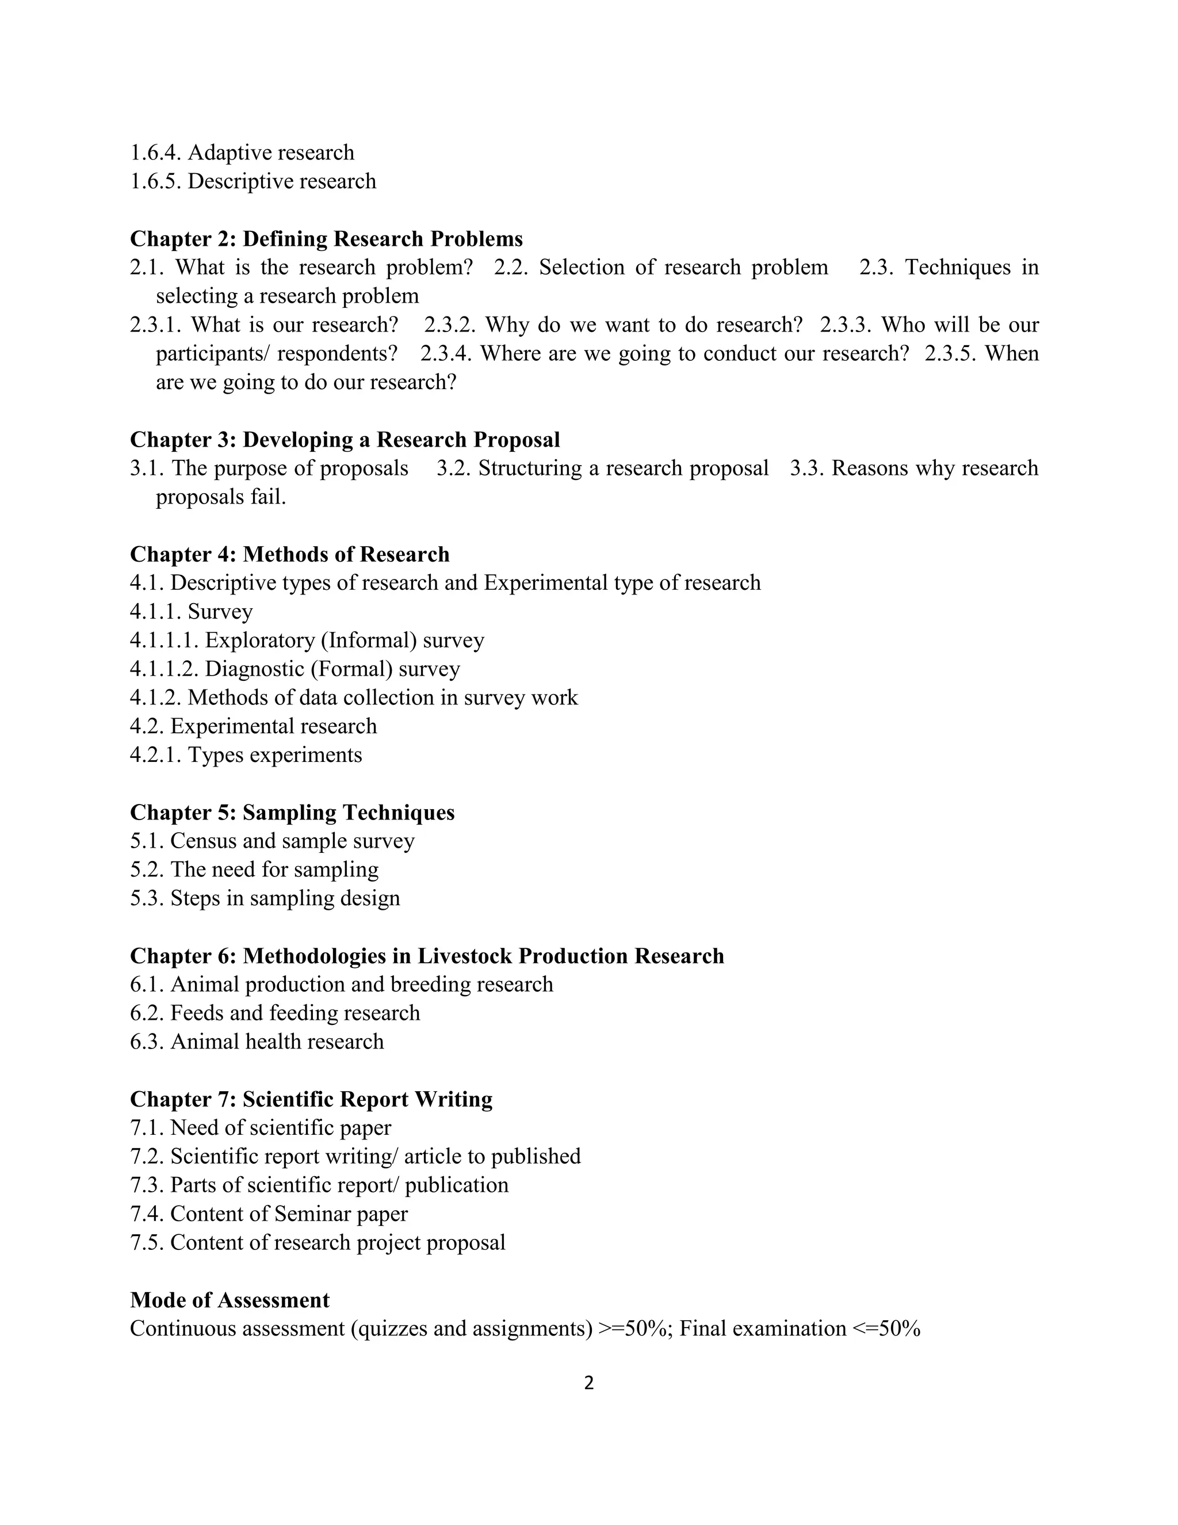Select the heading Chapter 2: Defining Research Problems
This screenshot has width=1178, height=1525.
[x=326, y=239]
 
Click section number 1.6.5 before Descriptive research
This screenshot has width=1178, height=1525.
[x=156, y=181]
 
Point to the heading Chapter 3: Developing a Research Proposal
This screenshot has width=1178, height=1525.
[x=345, y=440]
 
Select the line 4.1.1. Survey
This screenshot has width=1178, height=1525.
[x=191, y=612]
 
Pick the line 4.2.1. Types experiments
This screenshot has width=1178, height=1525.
[x=246, y=755]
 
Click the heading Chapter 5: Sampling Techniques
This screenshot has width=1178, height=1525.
[x=292, y=813]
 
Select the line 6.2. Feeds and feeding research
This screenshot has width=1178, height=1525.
[x=275, y=1013]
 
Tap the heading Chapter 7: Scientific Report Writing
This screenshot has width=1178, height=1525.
[x=311, y=1100]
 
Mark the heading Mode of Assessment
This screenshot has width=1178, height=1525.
[x=230, y=1300]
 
